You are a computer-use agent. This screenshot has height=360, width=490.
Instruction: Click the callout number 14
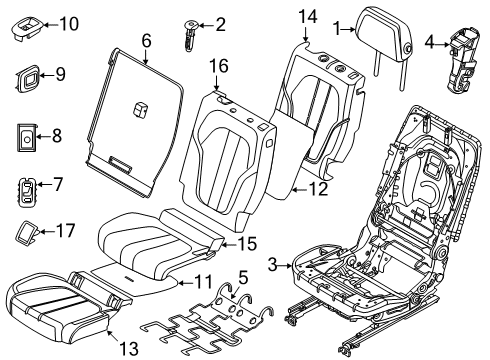(x=307, y=16)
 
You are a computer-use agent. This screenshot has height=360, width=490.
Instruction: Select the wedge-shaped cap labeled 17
(x=26, y=232)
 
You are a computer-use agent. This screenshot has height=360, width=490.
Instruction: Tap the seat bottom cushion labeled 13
(x=55, y=310)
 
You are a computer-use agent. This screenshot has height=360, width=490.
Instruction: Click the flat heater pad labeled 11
(x=130, y=277)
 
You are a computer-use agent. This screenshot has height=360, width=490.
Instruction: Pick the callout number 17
(x=66, y=229)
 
